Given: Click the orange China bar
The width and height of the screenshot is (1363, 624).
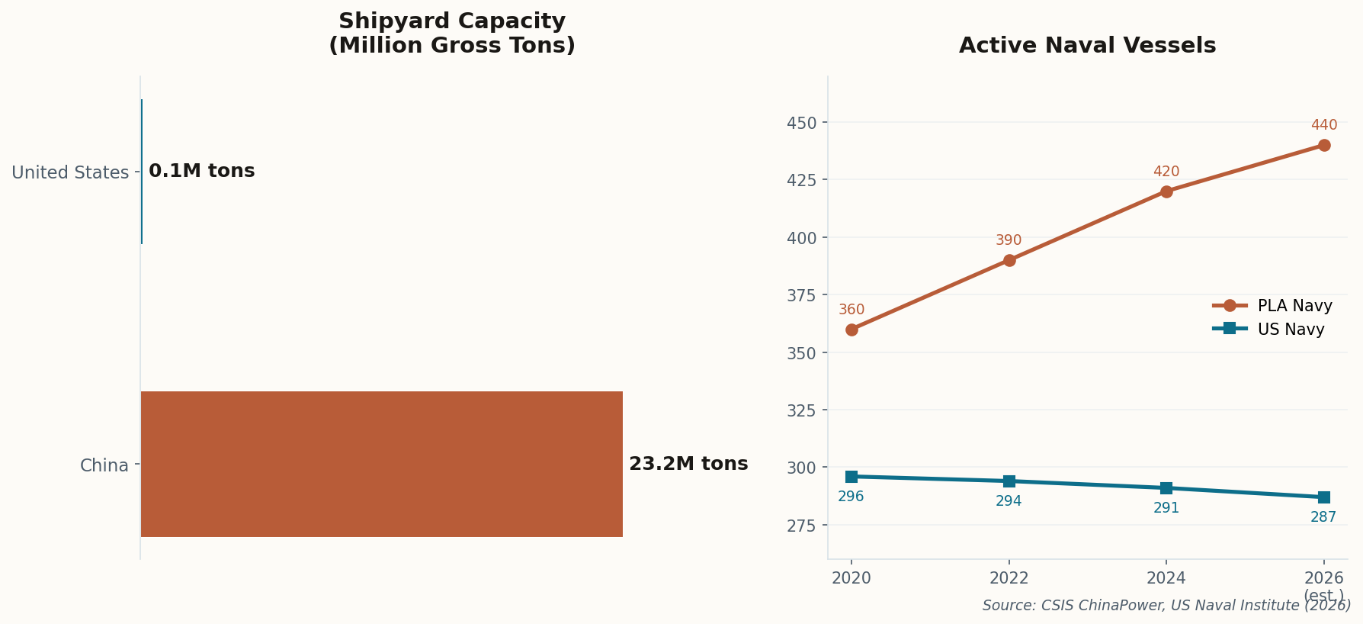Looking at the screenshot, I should point(381,464).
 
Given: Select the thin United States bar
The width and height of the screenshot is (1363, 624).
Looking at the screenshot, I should point(142,172).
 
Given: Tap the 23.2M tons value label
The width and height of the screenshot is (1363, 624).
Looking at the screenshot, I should point(688,464).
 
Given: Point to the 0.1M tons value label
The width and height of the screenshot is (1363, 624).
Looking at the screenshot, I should point(201,171).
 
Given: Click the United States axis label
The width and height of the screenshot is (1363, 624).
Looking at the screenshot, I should point(70,172).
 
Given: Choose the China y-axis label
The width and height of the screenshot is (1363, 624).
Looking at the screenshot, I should point(104,465).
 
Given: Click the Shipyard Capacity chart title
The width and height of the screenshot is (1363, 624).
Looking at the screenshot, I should point(451,34).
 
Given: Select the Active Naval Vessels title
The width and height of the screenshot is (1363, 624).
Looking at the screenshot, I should point(1087,46).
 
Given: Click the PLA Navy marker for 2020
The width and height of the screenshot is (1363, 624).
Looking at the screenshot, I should point(851,330).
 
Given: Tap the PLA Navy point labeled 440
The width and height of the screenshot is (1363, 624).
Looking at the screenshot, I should point(1324,145).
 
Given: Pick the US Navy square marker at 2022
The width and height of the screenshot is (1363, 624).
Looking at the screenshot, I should point(1009,481).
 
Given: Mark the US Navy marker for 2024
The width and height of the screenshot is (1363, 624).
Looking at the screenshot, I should point(1166,488).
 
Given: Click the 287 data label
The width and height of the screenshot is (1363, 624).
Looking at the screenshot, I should point(1323,517).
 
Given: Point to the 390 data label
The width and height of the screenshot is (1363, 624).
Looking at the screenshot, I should point(1009,240).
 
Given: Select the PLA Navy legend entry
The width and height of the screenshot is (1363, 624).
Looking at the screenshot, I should point(1273,306).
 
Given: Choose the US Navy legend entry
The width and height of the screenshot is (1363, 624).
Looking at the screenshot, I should point(1269,330).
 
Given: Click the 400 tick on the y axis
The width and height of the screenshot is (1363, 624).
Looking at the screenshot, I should point(801,238).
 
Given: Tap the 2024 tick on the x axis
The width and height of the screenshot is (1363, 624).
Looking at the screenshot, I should point(1166,578).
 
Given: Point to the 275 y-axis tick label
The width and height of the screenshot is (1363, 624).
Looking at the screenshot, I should point(801,526).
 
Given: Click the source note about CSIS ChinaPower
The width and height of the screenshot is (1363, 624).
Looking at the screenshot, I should point(1166,606).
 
